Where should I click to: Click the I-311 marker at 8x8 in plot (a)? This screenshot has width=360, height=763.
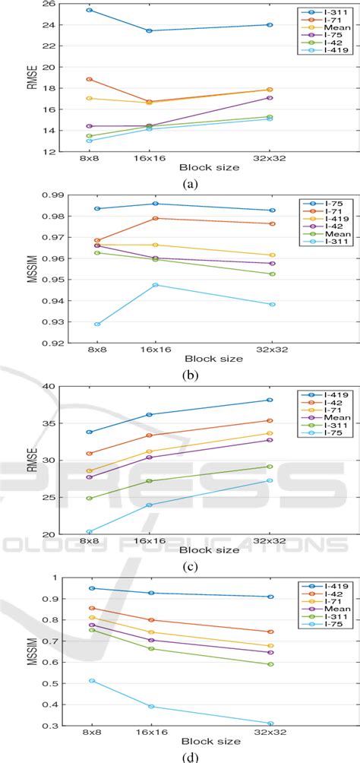[90, 10]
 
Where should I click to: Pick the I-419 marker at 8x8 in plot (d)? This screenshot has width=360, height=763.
[91, 588]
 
